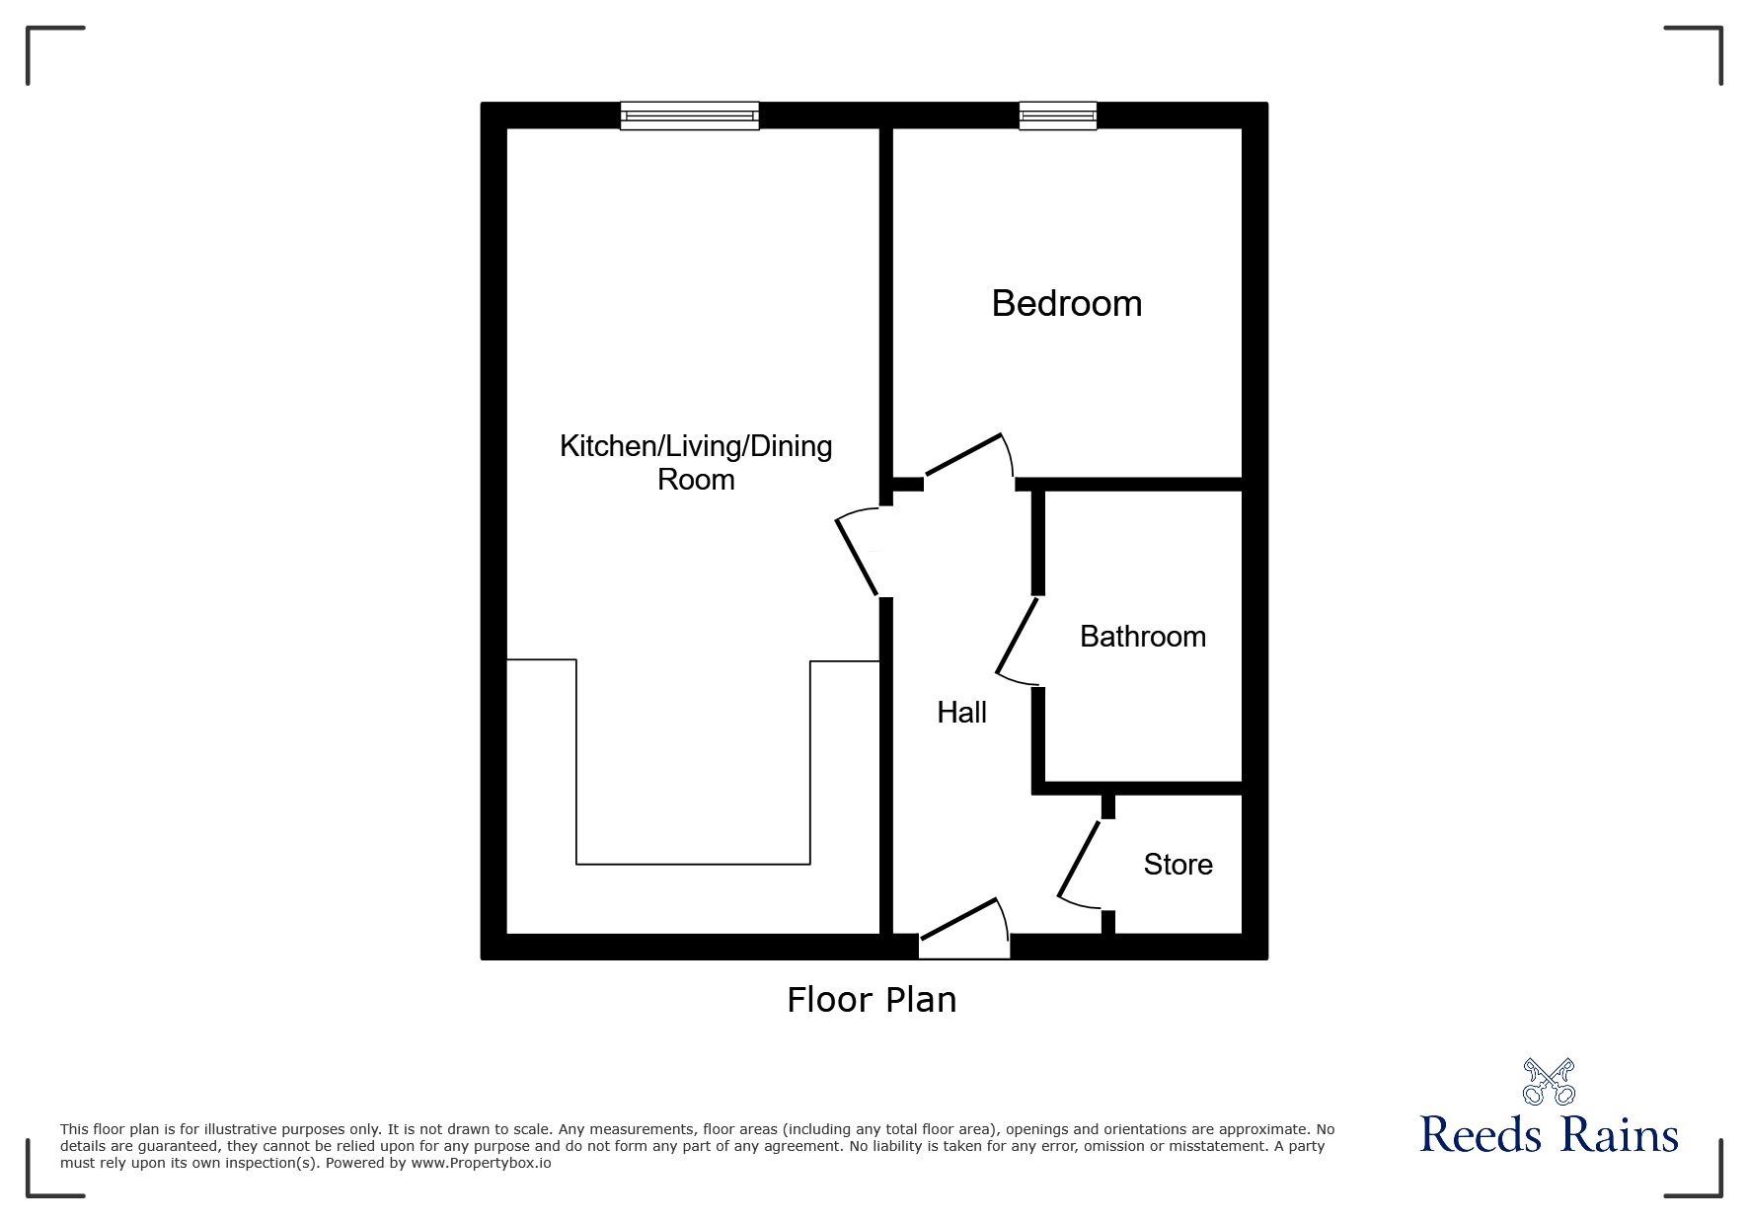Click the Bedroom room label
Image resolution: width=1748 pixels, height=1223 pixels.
[1066, 303]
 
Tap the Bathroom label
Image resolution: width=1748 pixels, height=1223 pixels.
[1142, 637]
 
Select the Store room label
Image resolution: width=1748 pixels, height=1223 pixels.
[1178, 865]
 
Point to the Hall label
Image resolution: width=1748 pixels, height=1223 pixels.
[961, 713]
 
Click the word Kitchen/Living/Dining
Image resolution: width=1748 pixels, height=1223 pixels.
[696, 446]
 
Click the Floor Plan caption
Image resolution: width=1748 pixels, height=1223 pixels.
[872, 1000]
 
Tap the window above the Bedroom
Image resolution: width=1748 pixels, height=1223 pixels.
[1057, 115]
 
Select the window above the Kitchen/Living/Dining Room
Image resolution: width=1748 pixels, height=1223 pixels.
[689, 115]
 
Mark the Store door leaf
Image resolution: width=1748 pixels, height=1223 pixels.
[1079, 859]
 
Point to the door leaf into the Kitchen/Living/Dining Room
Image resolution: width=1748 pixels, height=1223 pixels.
[857, 557]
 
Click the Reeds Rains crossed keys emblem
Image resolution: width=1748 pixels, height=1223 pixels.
[1549, 1082]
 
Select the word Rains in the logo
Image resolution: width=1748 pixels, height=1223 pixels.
[1620, 1135]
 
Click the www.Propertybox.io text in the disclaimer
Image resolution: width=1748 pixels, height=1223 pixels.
[481, 1163]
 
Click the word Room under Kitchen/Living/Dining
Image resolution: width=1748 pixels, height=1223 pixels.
[696, 480]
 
